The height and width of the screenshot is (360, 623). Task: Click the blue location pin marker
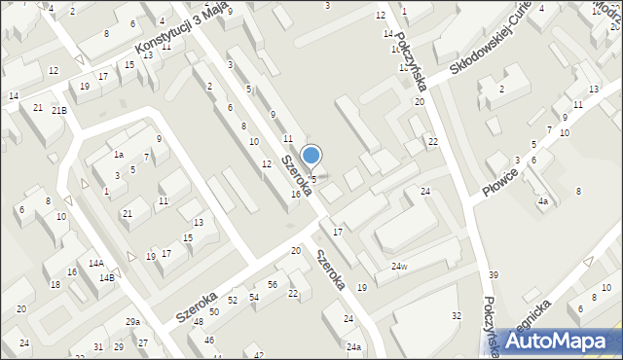pyautogui.click(x=311, y=157)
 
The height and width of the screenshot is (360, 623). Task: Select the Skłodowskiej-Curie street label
pyautogui.click(x=492, y=56)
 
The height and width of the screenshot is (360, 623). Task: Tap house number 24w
pyautogui.click(x=399, y=267)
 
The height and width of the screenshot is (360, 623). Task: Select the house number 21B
pyautogui.click(x=59, y=110)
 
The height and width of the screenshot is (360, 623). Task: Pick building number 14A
pyautogui.click(x=95, y=264)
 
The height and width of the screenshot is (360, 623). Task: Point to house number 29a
pyautogui.click(x=132, y=322)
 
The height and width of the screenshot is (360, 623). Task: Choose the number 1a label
pyautogui.click(x=118, y=154)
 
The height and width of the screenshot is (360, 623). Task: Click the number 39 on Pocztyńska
pyautogui.click(x=493, y=275)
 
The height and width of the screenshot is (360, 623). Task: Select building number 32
pyautogui.click(x=456, y=315)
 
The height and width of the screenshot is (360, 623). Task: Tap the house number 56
pyautogui.click(x=274, y=284)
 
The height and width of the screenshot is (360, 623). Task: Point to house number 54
pyautogui.click(x=254, y=296)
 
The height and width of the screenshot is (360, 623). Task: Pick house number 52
pyautogui.click(x=233, y=301)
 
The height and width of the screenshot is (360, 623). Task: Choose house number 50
pyautogui.click(x=213, y=311)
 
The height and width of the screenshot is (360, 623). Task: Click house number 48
pyautogui.click(x=198, y=322)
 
